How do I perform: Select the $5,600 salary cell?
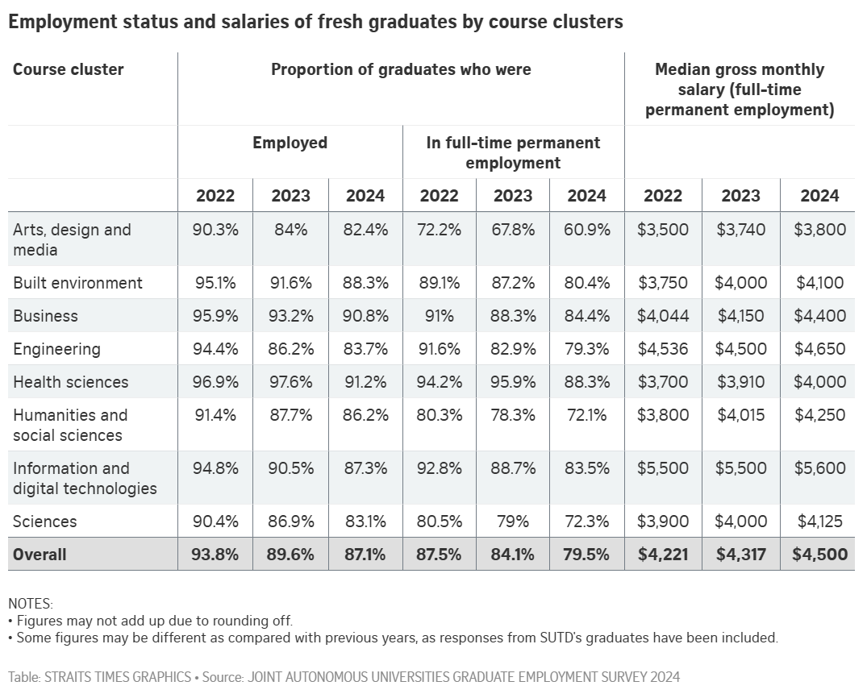820,468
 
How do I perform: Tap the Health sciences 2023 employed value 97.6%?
290,381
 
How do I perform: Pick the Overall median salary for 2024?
820,555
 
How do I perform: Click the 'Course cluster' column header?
69,69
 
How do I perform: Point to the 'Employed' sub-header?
290,143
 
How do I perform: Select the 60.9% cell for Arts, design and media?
587,230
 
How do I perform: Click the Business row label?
45,316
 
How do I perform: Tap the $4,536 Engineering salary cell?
663,349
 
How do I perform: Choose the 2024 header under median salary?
819,196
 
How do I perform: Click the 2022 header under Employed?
215,196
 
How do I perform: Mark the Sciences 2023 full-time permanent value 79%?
513,522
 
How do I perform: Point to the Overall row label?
40,555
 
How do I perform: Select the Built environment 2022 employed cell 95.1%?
215,283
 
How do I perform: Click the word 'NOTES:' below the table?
30,603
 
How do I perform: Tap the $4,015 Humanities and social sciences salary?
740,415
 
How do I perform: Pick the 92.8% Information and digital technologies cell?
439,468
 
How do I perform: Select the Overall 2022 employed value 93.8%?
215,555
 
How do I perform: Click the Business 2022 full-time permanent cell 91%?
439,316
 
